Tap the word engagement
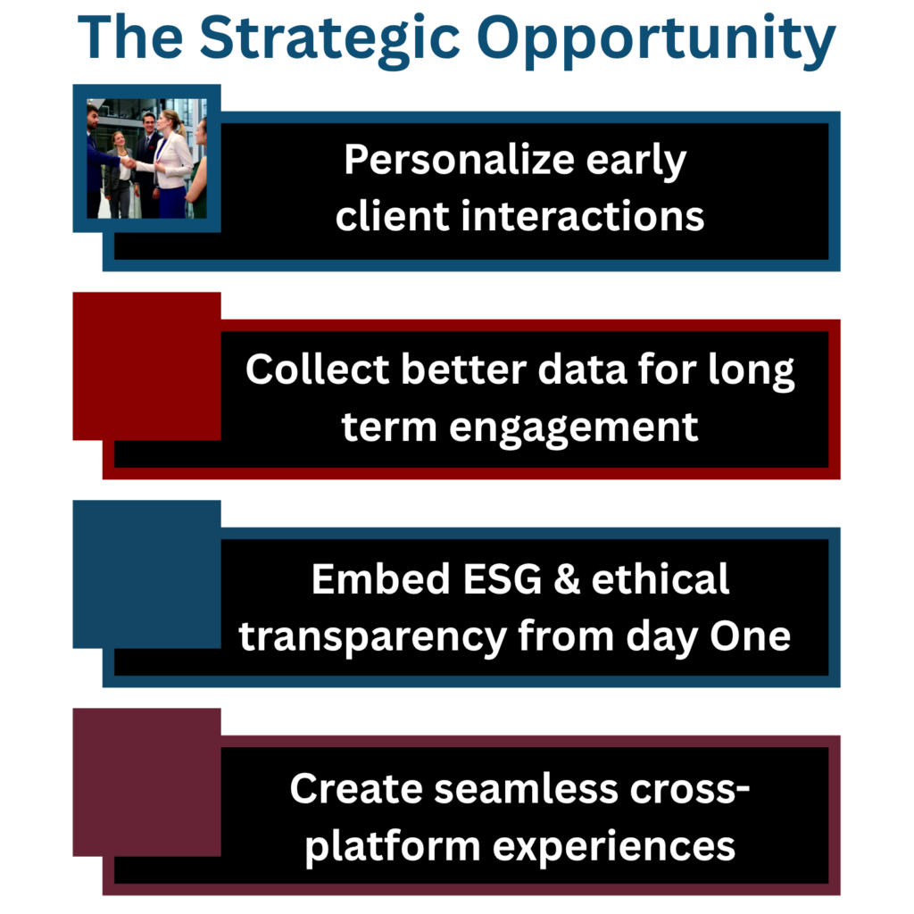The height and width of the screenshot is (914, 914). [573, 427]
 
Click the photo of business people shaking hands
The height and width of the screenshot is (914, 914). [146, 158]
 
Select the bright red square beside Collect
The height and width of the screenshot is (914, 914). [146, 366]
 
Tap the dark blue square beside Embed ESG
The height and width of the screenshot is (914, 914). [146, 574]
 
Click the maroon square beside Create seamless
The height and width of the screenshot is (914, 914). [146, 782]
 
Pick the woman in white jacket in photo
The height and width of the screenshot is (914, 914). [171, 161]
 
